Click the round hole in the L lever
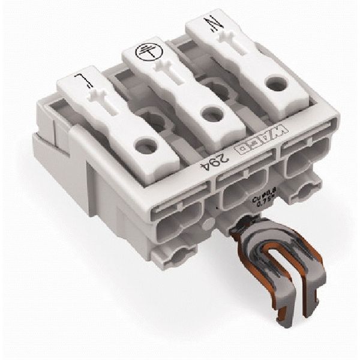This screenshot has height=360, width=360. [x=143, y=143]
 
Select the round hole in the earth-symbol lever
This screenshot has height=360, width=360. [x=208, y=111]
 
